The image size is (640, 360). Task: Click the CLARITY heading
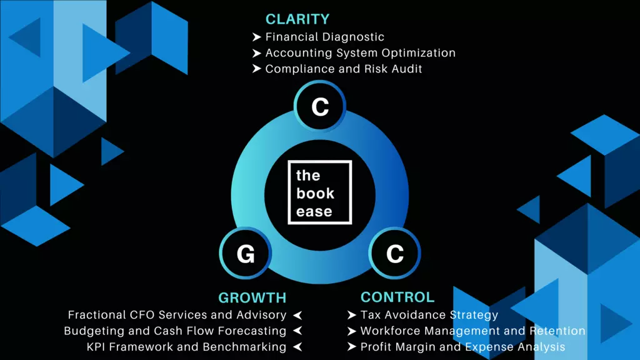[x=297, y=19]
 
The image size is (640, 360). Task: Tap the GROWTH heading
[x=252, y=297]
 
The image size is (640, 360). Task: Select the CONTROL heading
[x=397, y=297]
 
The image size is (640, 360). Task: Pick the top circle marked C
[x=319, y=107]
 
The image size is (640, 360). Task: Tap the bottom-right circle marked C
[x=394, y=254]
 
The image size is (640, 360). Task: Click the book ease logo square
[x=319, y=192]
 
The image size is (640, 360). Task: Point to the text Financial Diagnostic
[x=324, y=37]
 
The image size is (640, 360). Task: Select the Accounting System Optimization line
[x=360, y=53]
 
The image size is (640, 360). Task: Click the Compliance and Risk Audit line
[x=344, y=69]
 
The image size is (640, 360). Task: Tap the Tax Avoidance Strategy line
[x=429, y=315]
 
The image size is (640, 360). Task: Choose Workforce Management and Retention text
[x=472, y=331]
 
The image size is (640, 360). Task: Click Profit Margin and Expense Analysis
[x=462, y=346]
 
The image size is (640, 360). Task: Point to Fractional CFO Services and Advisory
[x=177, y=315]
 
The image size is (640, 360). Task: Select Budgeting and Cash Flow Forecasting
[x=175, y=331]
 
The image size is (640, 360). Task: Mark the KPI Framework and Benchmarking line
[x=186, y=346]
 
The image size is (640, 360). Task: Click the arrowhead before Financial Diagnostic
[x=256, y=37]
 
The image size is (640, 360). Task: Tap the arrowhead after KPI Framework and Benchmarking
[x=297, y=346]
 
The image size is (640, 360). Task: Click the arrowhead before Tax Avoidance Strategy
[x=352, y=315]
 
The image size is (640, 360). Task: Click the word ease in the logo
[x=314, y=211]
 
